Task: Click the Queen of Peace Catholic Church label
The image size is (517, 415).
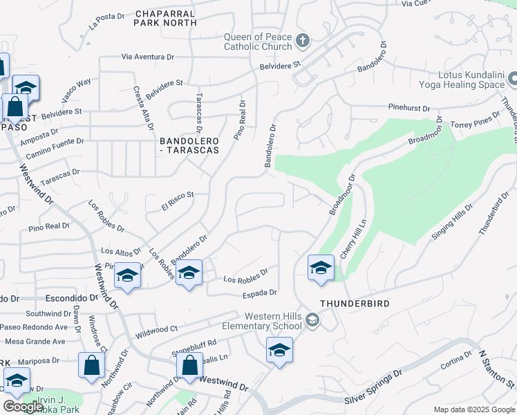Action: coord(257,42)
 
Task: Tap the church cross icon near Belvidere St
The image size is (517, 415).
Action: coord(301,41)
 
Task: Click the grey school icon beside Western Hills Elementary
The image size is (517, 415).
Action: coord(312,320)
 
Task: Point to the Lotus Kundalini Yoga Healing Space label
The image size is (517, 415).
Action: coord(462,80)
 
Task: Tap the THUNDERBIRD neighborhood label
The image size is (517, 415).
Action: coord(355,304)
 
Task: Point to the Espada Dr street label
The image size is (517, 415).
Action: coord(259,293)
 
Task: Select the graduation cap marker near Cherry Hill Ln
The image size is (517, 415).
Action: coord(321,268)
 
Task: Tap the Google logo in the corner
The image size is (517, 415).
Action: coord(23,407)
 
